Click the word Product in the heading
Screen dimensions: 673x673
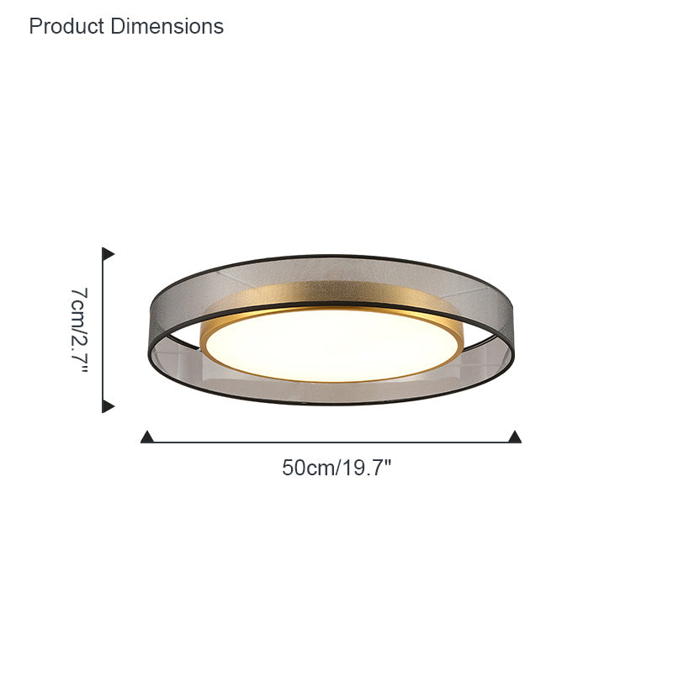point(66,26)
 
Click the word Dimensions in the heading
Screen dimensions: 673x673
point(167,26)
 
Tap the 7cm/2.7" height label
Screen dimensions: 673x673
point(79,330)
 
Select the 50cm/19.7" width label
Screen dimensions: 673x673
point(337,468)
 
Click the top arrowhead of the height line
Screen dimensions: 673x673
point(108,254)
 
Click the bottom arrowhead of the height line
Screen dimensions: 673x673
point(108,406)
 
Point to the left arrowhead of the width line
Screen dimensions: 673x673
point(146,437)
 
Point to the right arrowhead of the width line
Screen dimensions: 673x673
point(515,437)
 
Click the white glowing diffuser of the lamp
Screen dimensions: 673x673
point(332,345)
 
